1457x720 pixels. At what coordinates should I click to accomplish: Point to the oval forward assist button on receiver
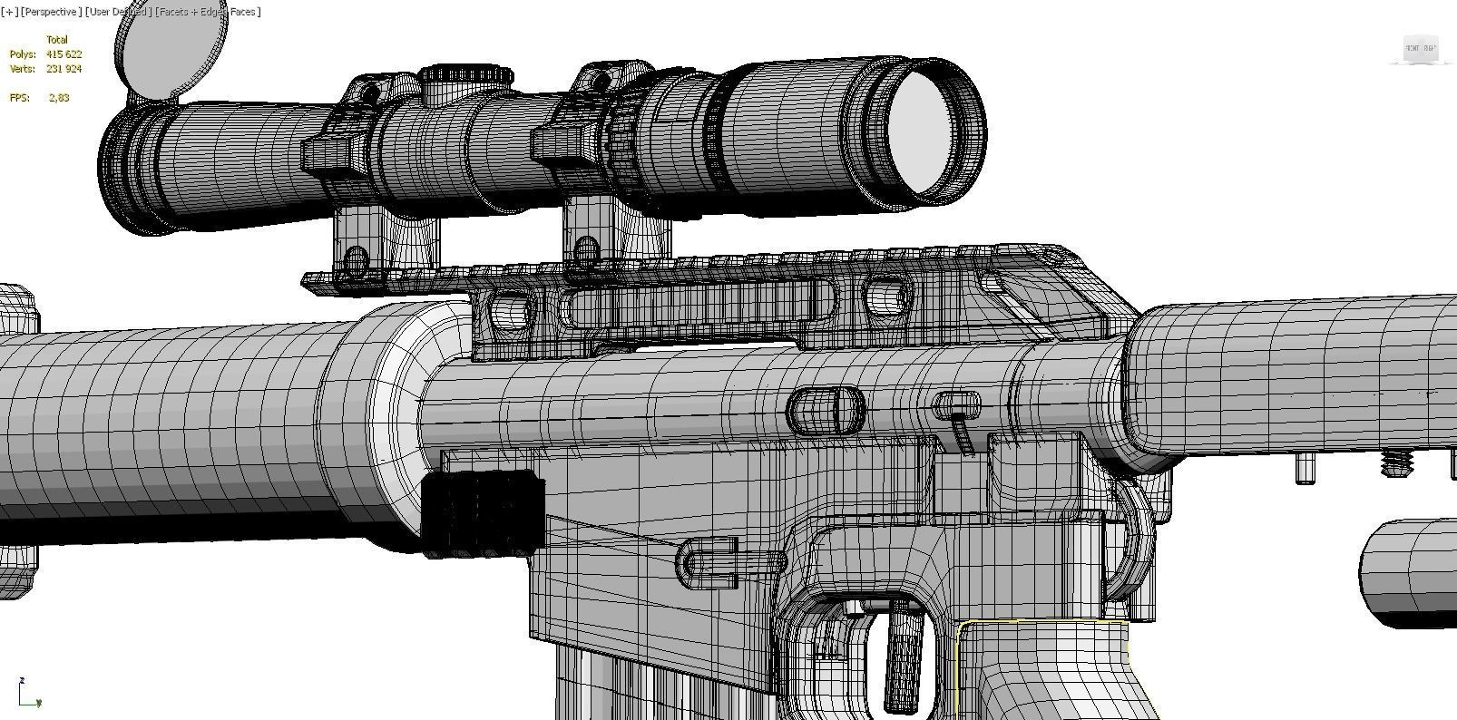click(x=826, y=410)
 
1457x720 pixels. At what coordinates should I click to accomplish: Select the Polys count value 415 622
click(x=64, y=54)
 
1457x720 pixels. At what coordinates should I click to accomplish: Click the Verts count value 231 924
click(x=64, y=69)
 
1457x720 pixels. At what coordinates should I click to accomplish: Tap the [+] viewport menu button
click(x=9, y=12)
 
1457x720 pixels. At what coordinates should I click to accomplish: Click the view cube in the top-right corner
click(x=1420, y=49)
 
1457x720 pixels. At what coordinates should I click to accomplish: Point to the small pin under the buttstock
click(x=1305, y=469)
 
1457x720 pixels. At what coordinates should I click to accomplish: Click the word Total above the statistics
click(x=56, y=40)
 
